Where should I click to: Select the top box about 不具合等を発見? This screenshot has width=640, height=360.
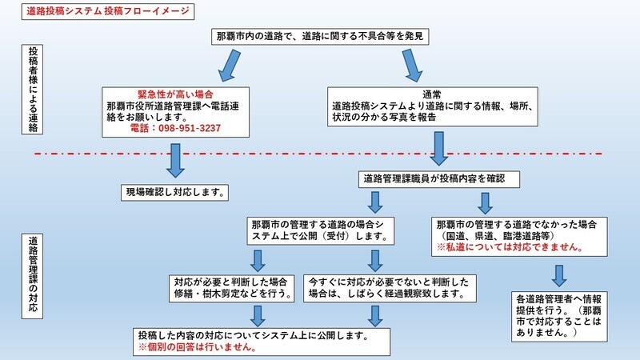pyautogui.click(x=319, y=37)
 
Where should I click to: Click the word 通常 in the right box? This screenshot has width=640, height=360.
pyautogui.click(x=433, y=94)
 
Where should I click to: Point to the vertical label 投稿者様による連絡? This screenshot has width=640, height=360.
pyautogui.click(x=33, y=90)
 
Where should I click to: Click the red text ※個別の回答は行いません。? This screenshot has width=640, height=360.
pyautogui.click(x=196, y=349)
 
